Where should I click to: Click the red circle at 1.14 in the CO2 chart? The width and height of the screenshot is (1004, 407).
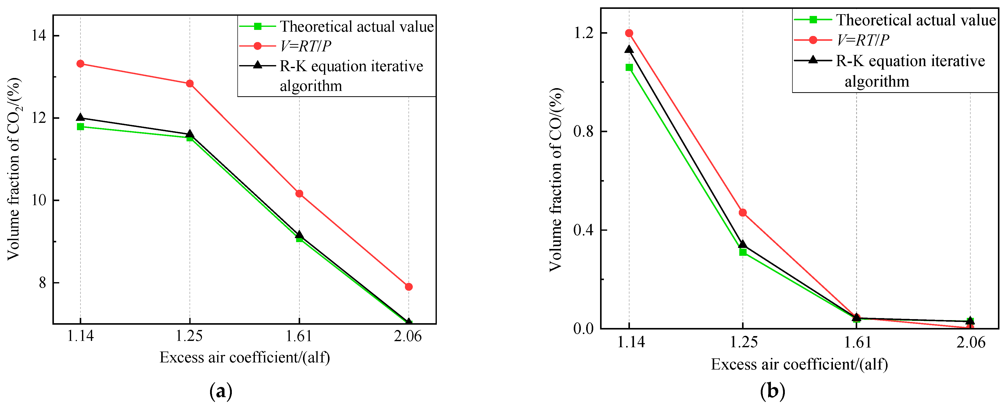pyautogui.click(x=80, y=64)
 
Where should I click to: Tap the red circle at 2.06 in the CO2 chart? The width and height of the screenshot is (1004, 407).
pyautogui.click(x=408, y=287)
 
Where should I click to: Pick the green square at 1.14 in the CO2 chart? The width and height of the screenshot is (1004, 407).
pyautogui.click(x=80, y=127)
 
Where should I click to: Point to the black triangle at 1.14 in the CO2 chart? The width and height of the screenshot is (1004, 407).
pyautogui.click(x=80, y=117)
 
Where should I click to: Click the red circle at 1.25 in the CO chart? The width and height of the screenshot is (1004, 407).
pyautogui.click(x=743, y=212)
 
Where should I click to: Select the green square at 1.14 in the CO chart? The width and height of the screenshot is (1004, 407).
pyautogui.click(x=629, y=67)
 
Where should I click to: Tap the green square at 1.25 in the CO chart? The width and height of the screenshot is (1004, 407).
pyautogui.click(x=743, y=252)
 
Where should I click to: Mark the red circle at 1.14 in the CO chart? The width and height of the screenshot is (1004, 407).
pyautogui.click(x=629, y=33)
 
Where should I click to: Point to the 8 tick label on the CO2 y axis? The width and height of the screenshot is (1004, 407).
pyautogui.click(x=43, y=283)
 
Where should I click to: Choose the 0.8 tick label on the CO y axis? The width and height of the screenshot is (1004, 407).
pyautogui.click(x=583, y=131)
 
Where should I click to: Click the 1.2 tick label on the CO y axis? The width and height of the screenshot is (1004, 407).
pyautogui.click(x=583, y=33)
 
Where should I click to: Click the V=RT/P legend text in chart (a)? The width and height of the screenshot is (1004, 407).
pyautogui.click(x=305, y=46)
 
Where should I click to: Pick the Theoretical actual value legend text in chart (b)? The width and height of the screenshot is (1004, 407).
pyautogui.click(x=915, y=20)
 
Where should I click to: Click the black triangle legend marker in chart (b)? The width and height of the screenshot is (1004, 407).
pyautogui.click(x=813, y=60)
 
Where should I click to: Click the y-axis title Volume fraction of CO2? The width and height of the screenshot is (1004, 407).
pyautogui.click(x=14, y=169)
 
